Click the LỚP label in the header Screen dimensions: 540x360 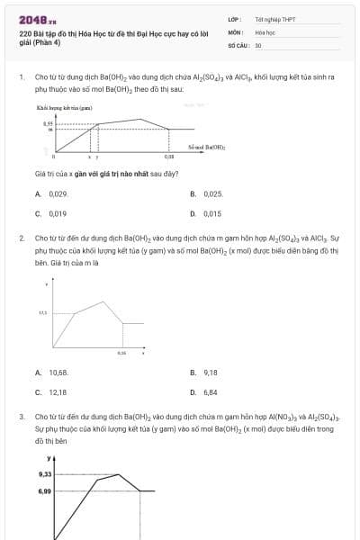click(234, 18)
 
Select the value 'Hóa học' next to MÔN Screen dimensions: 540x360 click(265, 31)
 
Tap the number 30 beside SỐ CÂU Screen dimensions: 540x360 click(258, 44)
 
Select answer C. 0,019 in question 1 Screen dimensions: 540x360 click(52, 214)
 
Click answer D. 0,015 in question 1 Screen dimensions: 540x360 click(207, 214)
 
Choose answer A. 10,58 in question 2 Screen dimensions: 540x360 click(53, 372)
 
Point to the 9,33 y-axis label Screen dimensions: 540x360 click(45, 473)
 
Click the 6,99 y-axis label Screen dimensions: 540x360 click(45, 491)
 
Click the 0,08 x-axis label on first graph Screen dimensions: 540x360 click(169, 157)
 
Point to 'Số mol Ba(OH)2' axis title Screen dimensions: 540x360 click(206, 146)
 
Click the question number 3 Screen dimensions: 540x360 click(21, 418)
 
